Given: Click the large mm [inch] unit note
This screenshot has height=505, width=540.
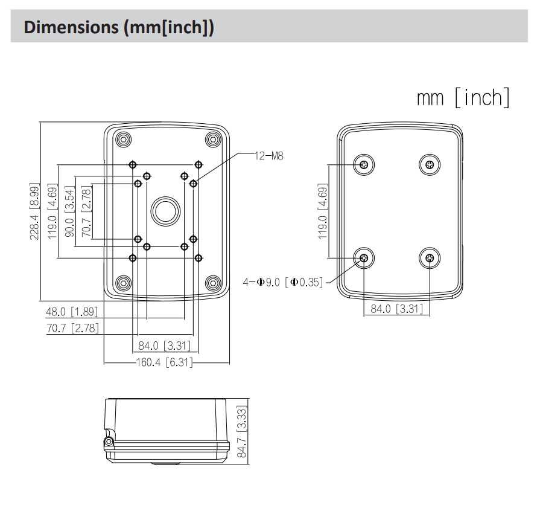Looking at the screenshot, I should pyautogui.click(x=462, y=97).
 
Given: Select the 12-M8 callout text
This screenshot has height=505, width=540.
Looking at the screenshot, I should pyautogui.click(x=269, y=155).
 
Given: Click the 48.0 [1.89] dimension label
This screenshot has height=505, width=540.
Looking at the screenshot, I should pyautogui.click(x=72, y=312).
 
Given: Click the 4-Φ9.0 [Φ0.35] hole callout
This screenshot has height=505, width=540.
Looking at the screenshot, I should pyautogui.click(x=283, y=281).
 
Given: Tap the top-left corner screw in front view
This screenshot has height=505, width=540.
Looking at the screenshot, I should pyautogui.click(x=123, y=139).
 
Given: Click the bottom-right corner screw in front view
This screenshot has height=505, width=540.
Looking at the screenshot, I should pyautogui.click(x=212, y=282).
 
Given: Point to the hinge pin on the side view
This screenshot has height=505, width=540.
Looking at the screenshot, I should pyautogui.click(x=109, y=442).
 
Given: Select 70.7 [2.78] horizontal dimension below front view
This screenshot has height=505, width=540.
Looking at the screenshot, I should pyautogui.click(x=72, y=329).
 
